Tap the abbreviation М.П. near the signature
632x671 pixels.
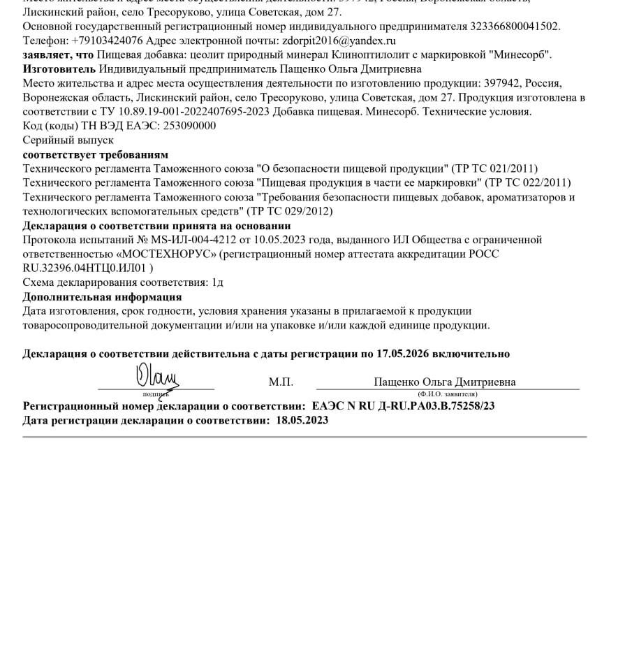pos(281,382)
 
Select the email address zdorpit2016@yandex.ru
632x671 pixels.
pos(342,41)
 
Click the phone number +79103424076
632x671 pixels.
pos(107,41)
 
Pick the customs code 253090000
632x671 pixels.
pos(189,126)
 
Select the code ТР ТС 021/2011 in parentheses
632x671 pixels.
pos(495,168)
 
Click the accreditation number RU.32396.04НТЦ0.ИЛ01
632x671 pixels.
pos(84,268)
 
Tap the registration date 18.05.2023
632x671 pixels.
pos(302,420)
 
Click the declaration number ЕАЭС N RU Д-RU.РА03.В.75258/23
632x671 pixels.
pos(404,405)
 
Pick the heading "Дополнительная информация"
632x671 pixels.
pos(92,296)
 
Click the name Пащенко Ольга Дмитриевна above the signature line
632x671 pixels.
pos(445,382)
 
